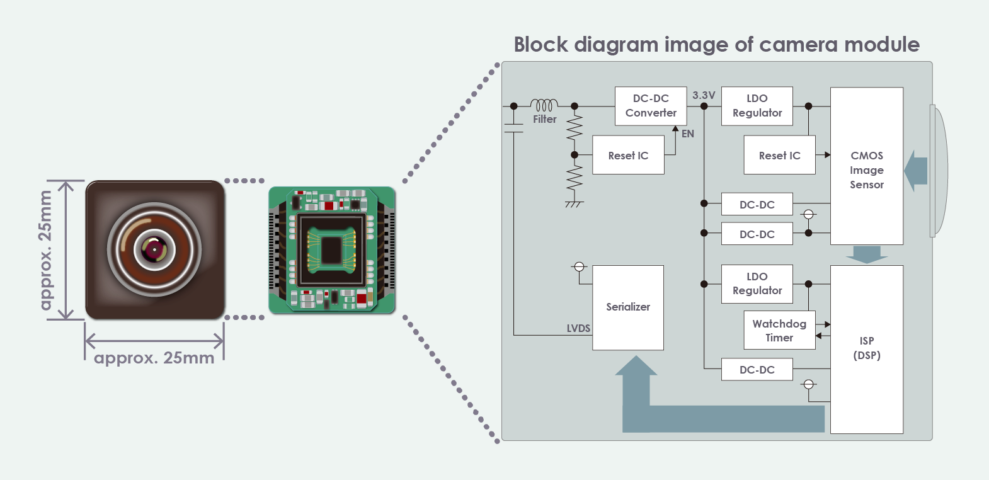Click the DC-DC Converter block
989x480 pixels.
(651, 106)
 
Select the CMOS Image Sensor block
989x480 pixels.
(866, 166)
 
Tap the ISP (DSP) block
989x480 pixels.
(866, 349)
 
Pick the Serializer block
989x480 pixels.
(628, 307)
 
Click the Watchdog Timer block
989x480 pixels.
(779, 330)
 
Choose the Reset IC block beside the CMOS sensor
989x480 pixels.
(779, 155)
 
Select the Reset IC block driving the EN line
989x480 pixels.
(628, 155)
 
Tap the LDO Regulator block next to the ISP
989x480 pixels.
(757, 284)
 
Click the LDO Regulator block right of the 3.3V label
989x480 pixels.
(757, 106)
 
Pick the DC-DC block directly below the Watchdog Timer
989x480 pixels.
(757, 370)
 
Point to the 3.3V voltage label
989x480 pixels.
(704, 95)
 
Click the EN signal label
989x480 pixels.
(688, 134)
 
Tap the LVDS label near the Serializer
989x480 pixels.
(578, 328)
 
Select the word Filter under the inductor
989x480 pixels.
(545, 119)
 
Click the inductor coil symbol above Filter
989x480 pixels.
(544, 105)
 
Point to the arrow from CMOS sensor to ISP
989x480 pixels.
(866, 254)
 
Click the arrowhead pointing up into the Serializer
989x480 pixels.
(636, 367)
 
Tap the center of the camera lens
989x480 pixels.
(154, 249)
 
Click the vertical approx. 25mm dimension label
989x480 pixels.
(45, 250)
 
